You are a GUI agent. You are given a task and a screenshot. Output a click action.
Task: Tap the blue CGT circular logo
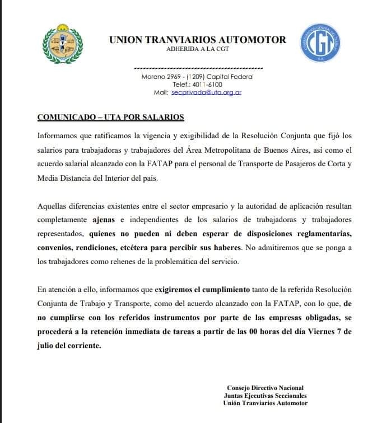[x=317, y=44]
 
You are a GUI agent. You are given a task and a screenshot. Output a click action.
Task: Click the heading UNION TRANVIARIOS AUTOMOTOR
[x=197, y=40]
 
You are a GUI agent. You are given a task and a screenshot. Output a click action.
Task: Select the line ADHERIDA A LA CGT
[x=198, y=49]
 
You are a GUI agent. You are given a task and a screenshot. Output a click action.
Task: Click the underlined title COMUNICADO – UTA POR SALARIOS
[x=110, y=117]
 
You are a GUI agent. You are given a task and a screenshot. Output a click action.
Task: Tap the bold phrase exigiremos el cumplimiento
[x=210, y=290]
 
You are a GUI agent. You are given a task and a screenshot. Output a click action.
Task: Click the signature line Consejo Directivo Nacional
[x=265, y=388]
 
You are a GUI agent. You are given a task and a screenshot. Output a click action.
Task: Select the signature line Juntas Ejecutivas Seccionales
[x=265, y=395]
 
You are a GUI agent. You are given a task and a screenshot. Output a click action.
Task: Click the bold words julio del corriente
[x=69, y=345]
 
